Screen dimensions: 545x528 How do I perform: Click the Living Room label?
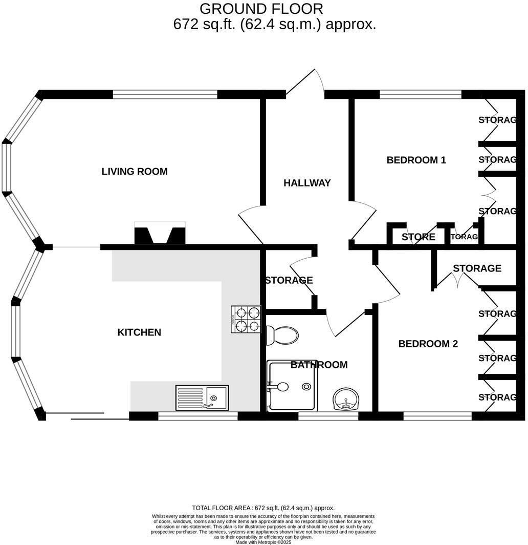pos(135,172)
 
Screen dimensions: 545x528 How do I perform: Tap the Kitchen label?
pos(139,332)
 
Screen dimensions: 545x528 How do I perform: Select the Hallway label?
pos(307,183)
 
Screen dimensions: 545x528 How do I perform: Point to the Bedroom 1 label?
pos(416,160)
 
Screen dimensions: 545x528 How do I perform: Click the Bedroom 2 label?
pos(428,344)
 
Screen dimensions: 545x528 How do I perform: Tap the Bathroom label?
pos(319,365)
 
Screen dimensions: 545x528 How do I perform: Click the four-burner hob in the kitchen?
pos(246,319)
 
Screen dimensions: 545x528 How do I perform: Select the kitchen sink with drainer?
pos(202,397)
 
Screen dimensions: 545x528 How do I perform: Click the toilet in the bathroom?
pos(281,336)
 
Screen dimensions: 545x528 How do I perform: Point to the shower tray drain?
pos(306,386)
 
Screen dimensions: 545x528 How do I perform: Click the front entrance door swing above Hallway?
pos(307,82)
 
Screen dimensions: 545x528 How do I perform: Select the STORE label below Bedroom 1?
pos(418,237)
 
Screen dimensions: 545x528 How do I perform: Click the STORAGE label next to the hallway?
pos(288,280)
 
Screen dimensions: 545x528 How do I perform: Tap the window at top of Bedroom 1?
pos(421,94)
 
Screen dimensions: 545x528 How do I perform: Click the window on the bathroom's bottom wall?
pos(328,416)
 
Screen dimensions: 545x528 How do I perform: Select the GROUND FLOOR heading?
pos(261,9)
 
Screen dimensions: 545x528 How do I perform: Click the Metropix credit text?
pos(263,541)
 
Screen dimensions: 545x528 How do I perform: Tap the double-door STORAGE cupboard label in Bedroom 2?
pos(476,268)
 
